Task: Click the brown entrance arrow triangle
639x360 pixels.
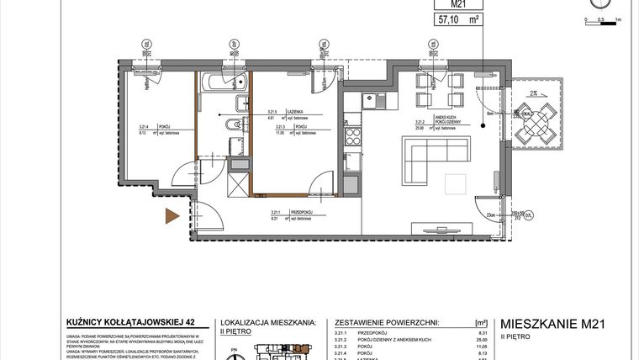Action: point(172,216)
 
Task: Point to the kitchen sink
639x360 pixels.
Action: point(371,101)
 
